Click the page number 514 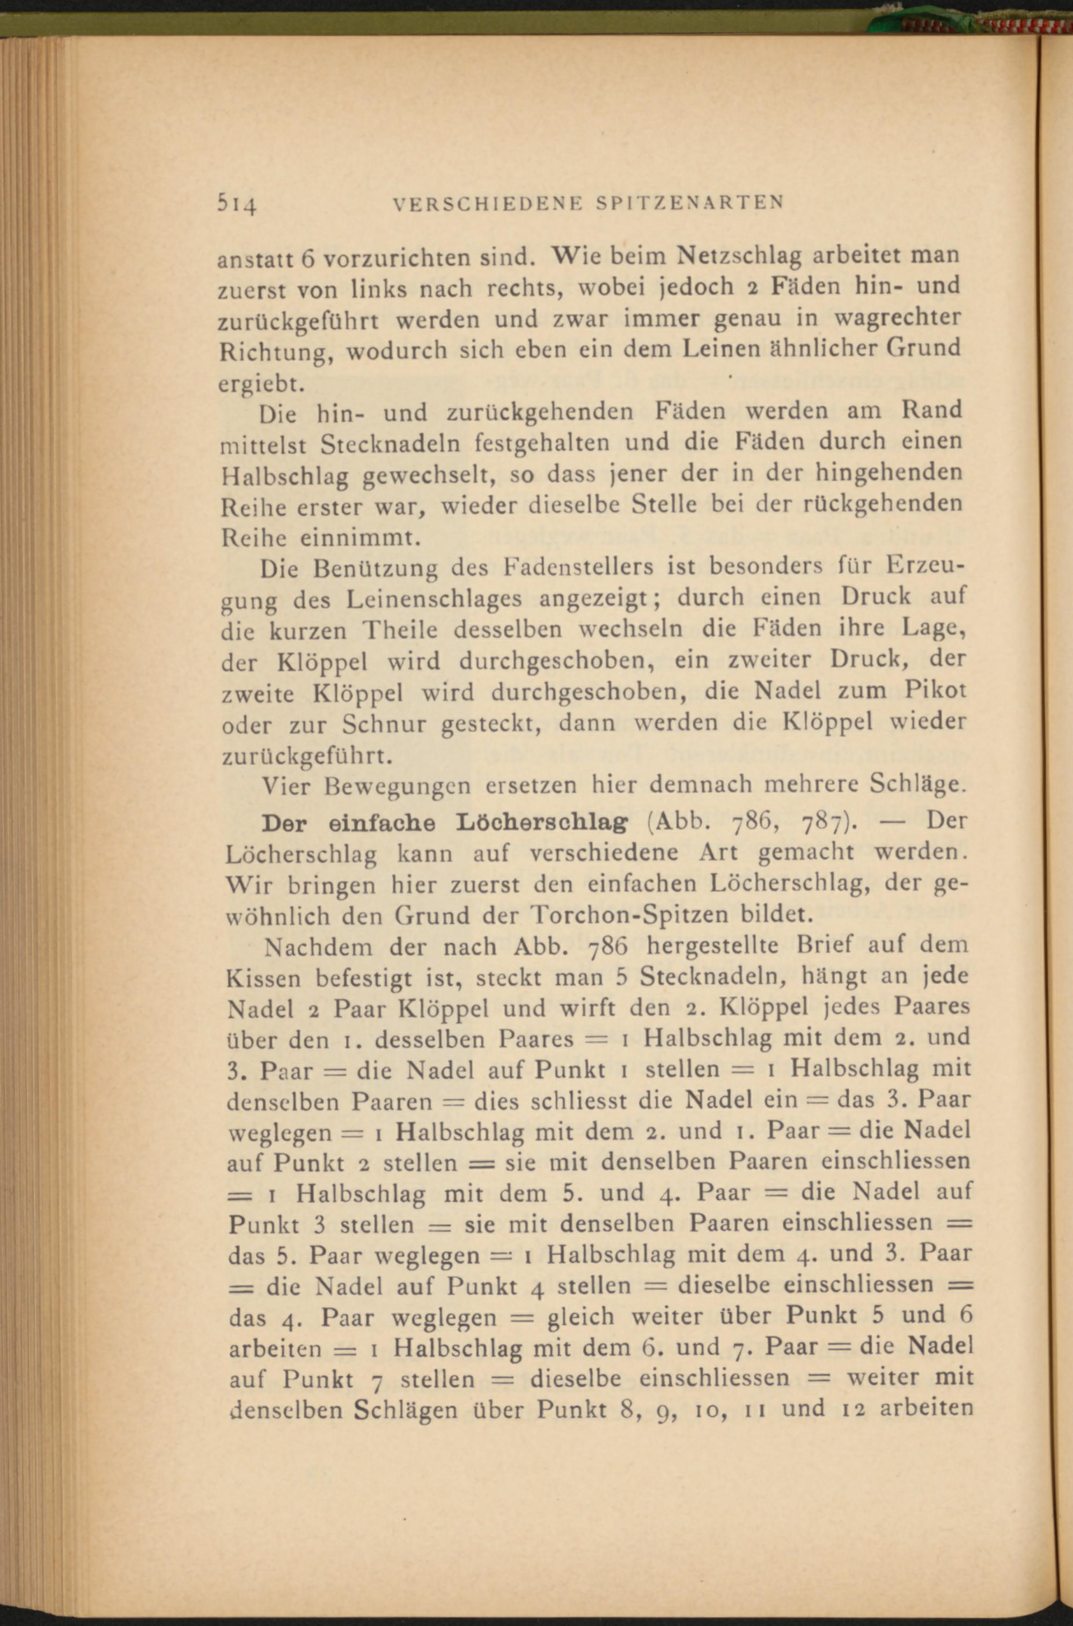pyautogui.click(x=237, y=203)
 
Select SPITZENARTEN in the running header pyautogui.click(x=690, y=203)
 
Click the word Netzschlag pyautogui.click(x=738, y=256)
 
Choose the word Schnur pyautogui.click(x=387, y=723)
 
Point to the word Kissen pyautogui.click(x=263, y=979)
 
